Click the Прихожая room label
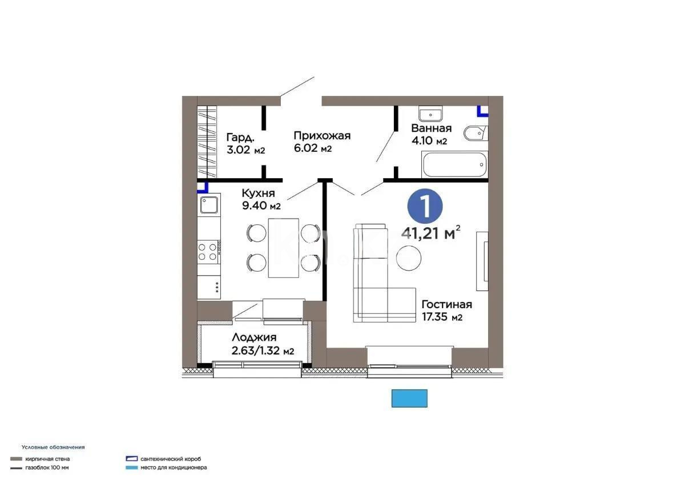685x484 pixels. (322, 136)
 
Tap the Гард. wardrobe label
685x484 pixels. (240, 138)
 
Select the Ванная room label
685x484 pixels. (431, 128)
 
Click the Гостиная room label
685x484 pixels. (446, 304)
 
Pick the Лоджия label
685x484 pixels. (254, 338)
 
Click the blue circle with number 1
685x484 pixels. (425, 205)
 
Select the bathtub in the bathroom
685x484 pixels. (454, 164)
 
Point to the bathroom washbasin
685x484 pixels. (431, 113)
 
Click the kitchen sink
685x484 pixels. (209, 204)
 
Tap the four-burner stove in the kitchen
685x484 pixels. (208, 252)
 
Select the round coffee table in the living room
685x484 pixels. (409, 258)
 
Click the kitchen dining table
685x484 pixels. (284, 247)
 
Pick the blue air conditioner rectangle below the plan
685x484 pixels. (409, 398)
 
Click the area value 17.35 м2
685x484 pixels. (442, 317)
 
